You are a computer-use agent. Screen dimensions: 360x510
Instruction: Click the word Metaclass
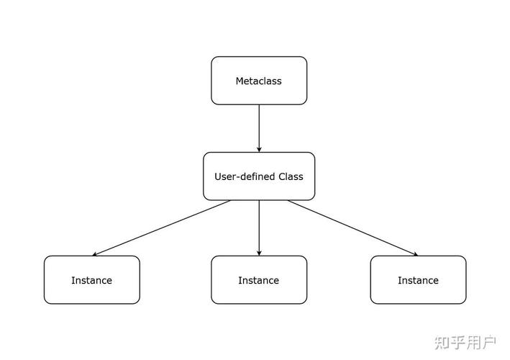click(259, 81)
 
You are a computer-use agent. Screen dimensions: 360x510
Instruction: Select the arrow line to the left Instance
click(162, 228)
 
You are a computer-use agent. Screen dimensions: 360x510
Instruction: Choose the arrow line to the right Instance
click(352, 228)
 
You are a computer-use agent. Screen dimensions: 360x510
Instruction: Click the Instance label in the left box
click(91, 280)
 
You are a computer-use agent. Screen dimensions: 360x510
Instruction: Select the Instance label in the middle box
click(259, 280)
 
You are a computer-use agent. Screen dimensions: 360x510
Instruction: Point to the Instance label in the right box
click(418, 280)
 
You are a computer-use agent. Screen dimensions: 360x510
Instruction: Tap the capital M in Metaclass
click(240, 81)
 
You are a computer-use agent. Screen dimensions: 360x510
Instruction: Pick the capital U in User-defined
click(218, 176)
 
